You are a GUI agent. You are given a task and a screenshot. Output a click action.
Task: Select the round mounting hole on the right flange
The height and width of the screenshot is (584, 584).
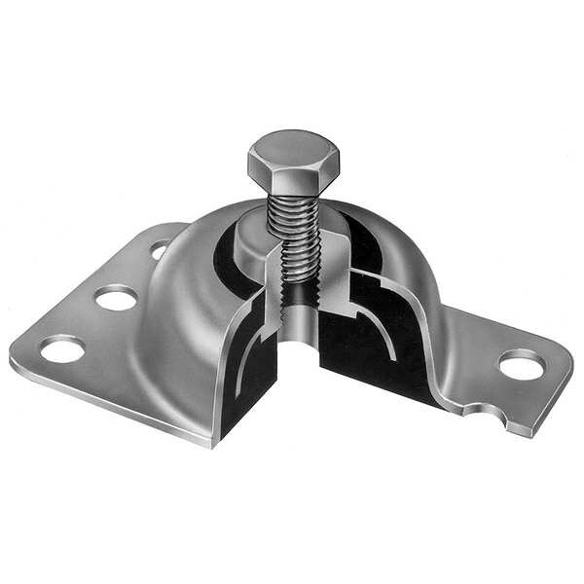pos(522,365)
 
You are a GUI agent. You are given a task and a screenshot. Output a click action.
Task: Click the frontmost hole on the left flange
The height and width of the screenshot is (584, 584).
pos(61,348)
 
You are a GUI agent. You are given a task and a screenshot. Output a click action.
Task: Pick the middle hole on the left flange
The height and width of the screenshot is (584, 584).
pos(116,298)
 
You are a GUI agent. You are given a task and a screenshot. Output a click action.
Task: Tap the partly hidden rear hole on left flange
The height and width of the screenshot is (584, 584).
pos(159,250)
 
